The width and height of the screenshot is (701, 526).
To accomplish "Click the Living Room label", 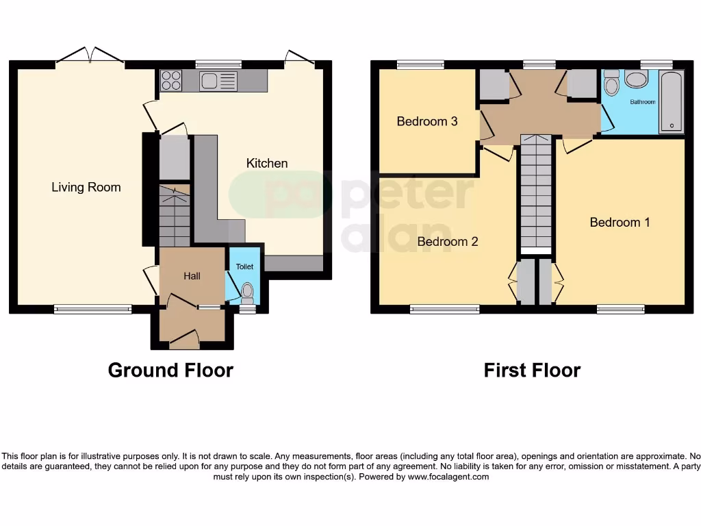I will pos(86,187).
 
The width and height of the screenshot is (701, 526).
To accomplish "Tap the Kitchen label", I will pos(267,163).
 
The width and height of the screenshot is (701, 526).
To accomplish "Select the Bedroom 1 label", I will pos(620,222).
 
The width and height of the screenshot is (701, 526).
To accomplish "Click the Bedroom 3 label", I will pos(427,121).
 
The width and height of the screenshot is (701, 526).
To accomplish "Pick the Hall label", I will pos(192,276).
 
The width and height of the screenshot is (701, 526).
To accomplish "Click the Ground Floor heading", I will pos(170,371).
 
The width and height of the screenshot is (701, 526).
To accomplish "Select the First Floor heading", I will pos(532,371).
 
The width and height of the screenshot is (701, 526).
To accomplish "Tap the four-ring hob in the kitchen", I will pos(170,82).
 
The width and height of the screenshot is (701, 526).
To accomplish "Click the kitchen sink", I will pos(218,82).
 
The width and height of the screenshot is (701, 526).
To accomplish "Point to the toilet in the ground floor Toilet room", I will pos(247,293).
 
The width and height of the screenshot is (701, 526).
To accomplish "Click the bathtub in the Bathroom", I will pos(671,101).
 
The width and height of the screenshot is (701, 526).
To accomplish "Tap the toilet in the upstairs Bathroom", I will pos(612,84).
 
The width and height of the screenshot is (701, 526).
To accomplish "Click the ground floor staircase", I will pos(175,216).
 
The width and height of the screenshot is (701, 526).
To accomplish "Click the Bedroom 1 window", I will pos(620,309).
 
